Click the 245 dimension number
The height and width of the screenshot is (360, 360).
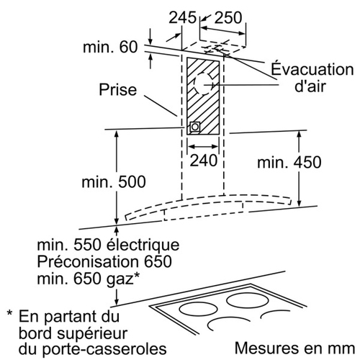pyautogui.click(x=182, y=17)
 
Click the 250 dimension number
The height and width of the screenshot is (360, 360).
pyautogui.click(x=228, y=17)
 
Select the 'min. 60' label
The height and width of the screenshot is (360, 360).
pyautogui.click(x=110, y=47)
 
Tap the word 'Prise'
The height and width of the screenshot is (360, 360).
pyautogui.click(x=118, y=89)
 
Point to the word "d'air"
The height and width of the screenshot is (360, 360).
pyautogui.click(x=310, y=86)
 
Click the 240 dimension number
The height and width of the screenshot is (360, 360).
pyautogui.click(x=204, y=161)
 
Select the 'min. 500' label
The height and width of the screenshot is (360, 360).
pyautogui.click(x=114, y=181)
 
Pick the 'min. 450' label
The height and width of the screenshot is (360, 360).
pyautogui.click(x=289, y=162)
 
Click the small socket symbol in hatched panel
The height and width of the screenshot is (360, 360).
pyautogui.click(x=194, y=127)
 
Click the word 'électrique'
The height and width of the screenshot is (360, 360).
pyautogui.click(x=143, y=245)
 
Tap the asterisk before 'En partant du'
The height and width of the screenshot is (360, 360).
pyautogui.click(x=9, y=313)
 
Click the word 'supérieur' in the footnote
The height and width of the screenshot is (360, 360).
pyautogui.click(x=93, y=333)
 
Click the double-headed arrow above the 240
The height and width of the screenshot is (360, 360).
pyautogui.click(x=203, y=146)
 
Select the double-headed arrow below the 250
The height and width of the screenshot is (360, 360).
pyautogui.click(x=223, y=30)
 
